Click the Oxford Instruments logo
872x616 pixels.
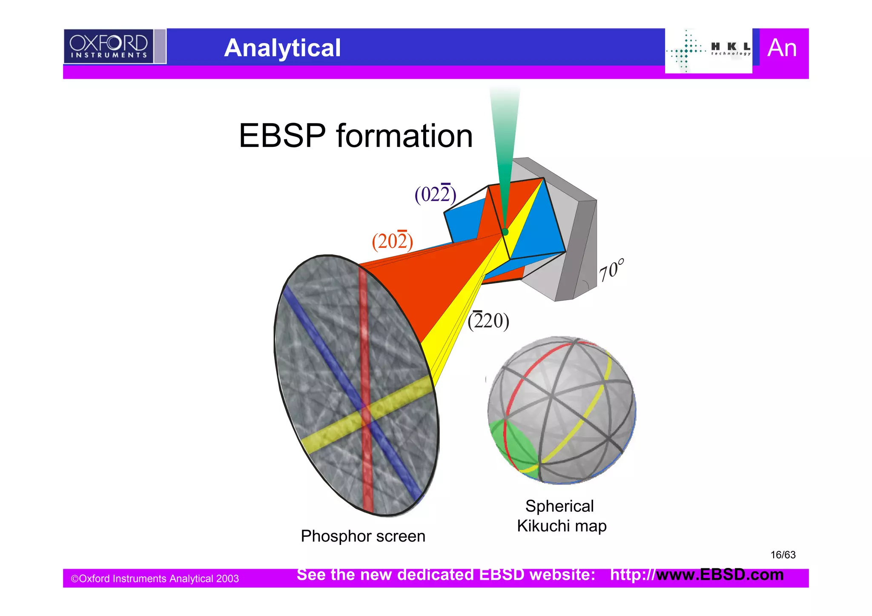109,46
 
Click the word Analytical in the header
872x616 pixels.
282,48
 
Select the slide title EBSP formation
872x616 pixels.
356,136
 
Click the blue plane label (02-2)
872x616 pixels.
435,195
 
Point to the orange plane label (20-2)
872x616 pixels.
392,241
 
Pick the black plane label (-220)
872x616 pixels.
488,321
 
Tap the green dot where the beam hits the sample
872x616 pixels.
505,232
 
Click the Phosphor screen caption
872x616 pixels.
363,536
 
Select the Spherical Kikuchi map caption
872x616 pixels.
561,516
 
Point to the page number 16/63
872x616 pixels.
783,555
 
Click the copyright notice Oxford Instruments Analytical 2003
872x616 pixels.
155,579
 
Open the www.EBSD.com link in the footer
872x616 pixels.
720,575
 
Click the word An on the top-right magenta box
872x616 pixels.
782,48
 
